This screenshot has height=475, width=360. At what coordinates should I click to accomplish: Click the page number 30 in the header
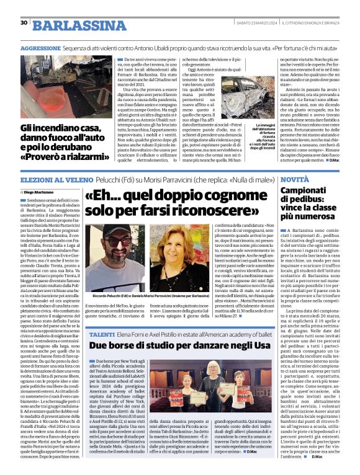(24, 23)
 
